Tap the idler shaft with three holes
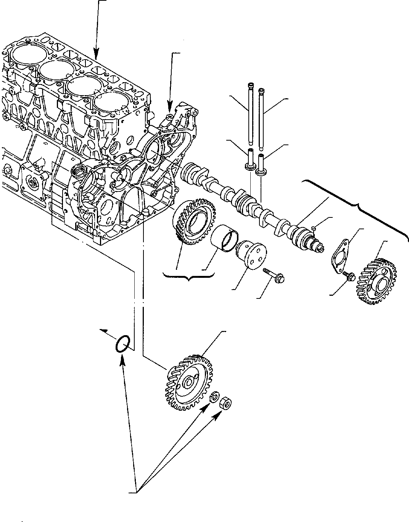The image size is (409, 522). pyautogui.click(x=251, y=255)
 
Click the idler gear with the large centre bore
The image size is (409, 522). pyautogui.click(x=195, y=222)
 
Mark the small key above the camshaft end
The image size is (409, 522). pyautogui.click(x=313, y=228)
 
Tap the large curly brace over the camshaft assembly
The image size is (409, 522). pyautogui.click(x=359, y=206)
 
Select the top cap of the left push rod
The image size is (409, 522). pyautogui.click(x=251, y=85)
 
